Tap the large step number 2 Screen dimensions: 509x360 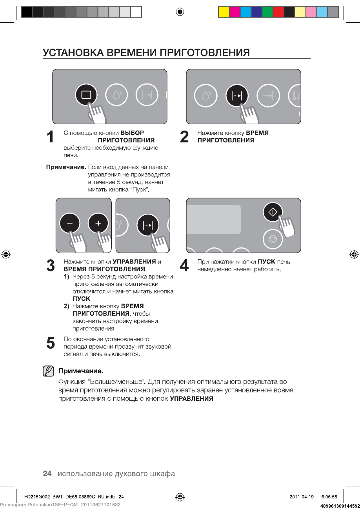tap(184, 137)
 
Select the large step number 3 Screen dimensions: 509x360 tap(50, 265)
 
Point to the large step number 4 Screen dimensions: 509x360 tap(184, 265)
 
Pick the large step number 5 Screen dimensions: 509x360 tap(50, 342)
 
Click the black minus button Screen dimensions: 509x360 tap(69, 224)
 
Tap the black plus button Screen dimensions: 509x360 tap(98, 224)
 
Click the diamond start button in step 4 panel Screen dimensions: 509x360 tap(273, 212)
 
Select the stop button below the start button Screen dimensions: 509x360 tap(273, 238)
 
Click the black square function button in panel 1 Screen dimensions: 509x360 tap(86, 95)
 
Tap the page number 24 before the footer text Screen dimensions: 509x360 tap(47, 474)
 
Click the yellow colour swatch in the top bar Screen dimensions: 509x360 tap(224, 12)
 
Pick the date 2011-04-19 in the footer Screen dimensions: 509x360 tap(302, 497)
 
